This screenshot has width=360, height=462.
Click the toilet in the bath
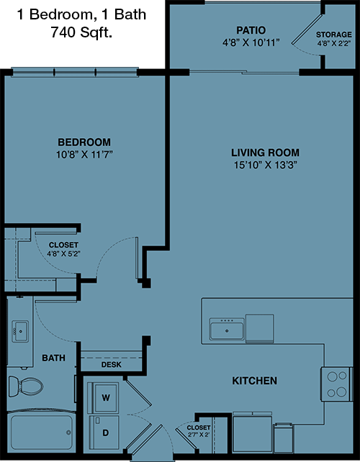(x=25, y=386)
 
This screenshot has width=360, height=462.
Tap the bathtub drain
(x=68, y=432)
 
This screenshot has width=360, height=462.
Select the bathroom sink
(x=20, y=331)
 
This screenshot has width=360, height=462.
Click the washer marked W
(x=106, y=397)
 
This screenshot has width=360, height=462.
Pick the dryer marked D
(x=104, y=432)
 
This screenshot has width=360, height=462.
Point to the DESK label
(x=111, y=365)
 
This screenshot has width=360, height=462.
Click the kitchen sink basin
(x=227, y=330)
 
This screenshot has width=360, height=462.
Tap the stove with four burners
(x=337, y=384)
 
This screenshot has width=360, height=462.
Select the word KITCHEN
(x=254, y=381)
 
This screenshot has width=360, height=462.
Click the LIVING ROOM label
(x=265, y=153)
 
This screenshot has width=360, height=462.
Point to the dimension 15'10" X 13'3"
(x=265, y=165)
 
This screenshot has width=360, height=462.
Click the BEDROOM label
(x=84, y=142)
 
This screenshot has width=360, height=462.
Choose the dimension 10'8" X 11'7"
(x=85, y=155)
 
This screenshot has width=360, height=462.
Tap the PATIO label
(x=251, y=30)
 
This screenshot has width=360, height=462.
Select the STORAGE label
(x=334, y=35)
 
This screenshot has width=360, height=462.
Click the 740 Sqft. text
(x=81, y=32)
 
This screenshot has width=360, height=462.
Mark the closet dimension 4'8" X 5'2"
(x=63, y=253)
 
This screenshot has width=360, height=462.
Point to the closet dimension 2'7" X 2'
(x=199, y=435)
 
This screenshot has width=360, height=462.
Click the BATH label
(x=53, y=358)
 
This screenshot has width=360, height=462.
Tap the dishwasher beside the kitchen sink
(x=259, y=329)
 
